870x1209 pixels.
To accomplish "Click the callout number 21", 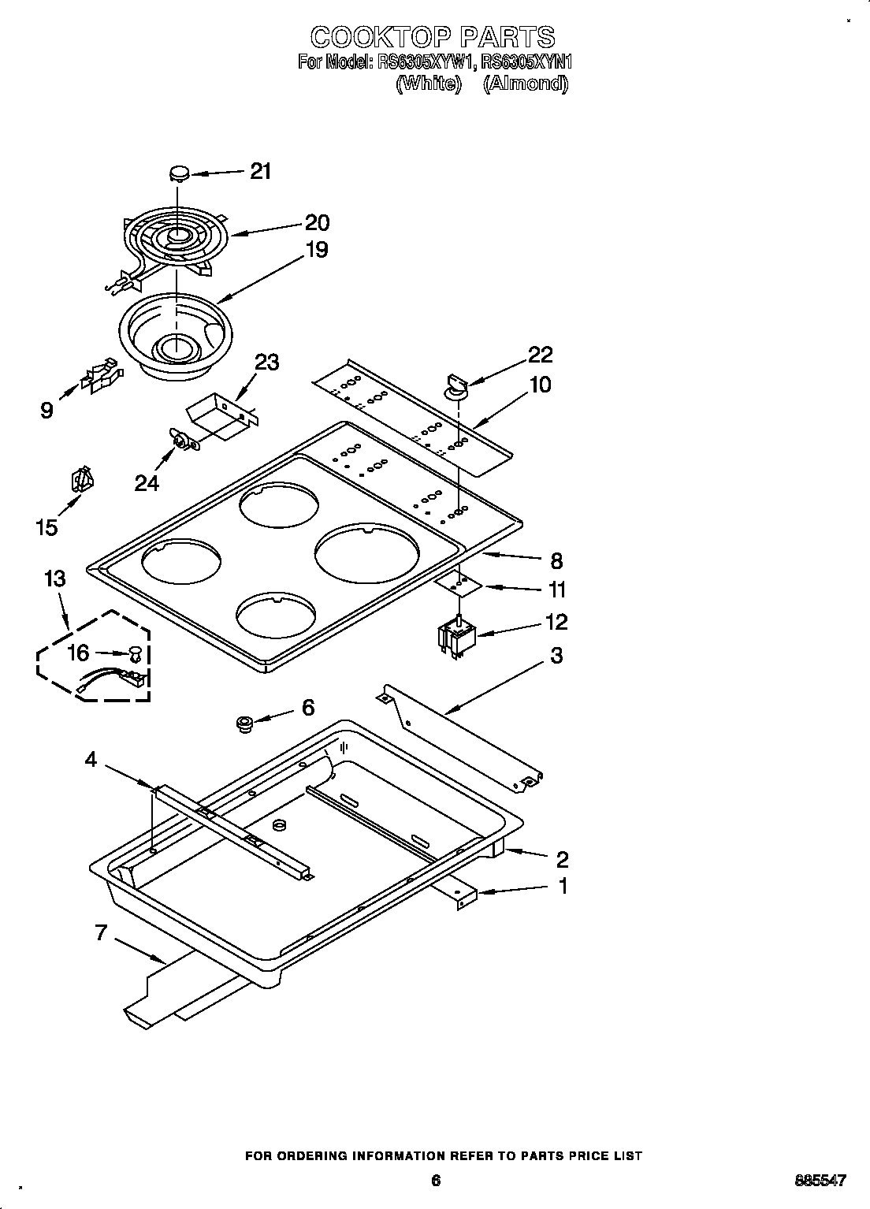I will (x=261, y=171).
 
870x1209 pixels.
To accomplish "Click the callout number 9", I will (x=47, y=410).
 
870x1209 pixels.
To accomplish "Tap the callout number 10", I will (x=541, y=385).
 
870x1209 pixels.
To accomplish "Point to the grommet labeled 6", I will (x=244, y=723).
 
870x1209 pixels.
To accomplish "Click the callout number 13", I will (x=54, y=579).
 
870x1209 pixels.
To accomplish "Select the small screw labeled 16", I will (x=135, y=653).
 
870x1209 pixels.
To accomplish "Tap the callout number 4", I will (x=91, y=760).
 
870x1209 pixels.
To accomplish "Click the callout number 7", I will (x=101, y=933).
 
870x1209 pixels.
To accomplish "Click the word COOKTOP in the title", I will (x=378, y=36).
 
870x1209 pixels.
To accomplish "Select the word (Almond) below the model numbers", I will (x=525, y=84).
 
